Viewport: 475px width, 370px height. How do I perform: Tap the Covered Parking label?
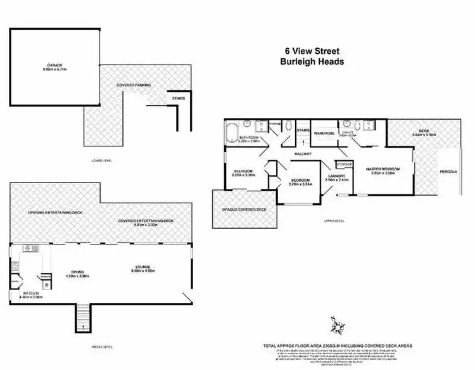click(132, 84)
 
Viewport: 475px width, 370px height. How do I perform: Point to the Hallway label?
click(305, 153)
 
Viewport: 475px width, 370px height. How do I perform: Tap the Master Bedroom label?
click(384, 169)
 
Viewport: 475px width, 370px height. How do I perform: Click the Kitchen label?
click(31, 294)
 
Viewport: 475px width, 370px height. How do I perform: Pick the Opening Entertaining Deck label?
click(53, 212)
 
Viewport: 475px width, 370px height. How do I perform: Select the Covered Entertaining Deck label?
click(146, 220)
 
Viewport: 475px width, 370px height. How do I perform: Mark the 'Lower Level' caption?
click(101, 162)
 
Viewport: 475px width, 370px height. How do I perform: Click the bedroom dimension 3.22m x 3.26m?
click(244, 175)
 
